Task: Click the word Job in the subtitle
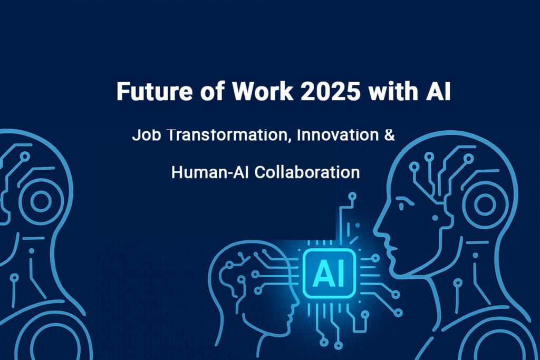tap(144, 135)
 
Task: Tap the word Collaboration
tap(307, 172)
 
